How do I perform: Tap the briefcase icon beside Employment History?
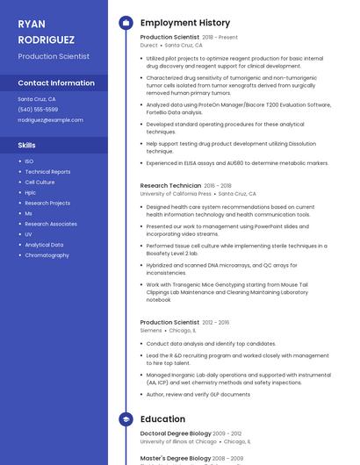126,23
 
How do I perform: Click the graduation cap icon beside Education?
126,419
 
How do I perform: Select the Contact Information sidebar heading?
56,83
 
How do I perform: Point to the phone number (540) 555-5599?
38,110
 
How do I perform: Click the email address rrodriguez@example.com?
50,120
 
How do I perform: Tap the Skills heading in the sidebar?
27,145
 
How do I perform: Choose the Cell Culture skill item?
40,182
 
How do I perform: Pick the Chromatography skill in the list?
47,255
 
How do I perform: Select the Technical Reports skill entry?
47,172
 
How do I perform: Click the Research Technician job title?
170,186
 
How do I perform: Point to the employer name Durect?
149,45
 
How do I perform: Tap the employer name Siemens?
151,331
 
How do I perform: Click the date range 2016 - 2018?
218,186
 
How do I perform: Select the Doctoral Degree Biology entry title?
176,433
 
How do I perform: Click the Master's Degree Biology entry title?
176,458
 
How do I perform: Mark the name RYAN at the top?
32,24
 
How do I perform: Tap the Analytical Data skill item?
44,245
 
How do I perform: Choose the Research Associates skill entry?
51,224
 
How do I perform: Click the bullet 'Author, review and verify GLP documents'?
198,394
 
